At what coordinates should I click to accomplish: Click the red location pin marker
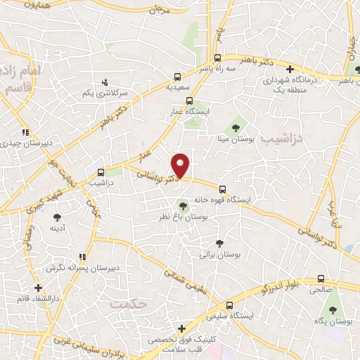click(x=182, y=165)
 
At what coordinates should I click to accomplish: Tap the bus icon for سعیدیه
click(x=177, y=78)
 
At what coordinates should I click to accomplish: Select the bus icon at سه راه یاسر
click(x=218, y=58)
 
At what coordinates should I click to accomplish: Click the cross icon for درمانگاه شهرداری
click(x=290, y=68)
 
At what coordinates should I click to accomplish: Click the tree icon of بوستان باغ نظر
click(x=183, y=206)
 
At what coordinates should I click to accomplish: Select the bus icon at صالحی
click(x=321, y=278)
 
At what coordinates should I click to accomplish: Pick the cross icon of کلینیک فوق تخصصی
click(x=181, y=328)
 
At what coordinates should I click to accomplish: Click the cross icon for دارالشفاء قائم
click(x=38, y=288)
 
